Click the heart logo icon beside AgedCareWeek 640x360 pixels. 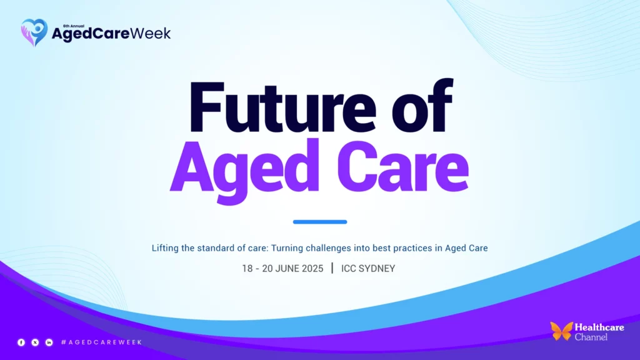coord(34,32)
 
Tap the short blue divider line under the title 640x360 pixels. coord(320,222)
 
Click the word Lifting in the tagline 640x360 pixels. coord(165,248)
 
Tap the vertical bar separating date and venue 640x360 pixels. coord(332,268)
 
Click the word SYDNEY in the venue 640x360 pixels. coord(377,268)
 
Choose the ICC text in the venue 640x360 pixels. coord(349,268)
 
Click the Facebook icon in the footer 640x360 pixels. coord(21,342)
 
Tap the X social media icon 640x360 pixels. coord(35,342)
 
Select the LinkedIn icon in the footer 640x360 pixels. coord(49,342)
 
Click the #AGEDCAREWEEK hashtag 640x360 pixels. coord(101,342)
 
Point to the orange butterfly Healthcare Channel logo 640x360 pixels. coord(561,331)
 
